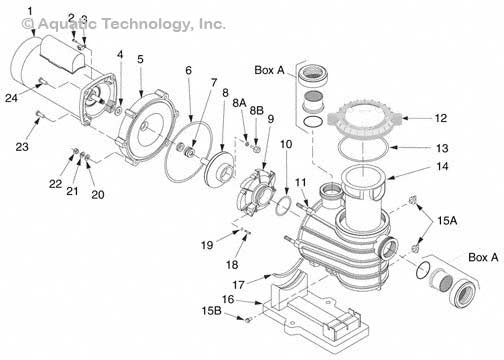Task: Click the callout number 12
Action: tap(440, 118)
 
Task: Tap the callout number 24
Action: tap(11, 98)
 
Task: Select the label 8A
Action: tap(239, 103)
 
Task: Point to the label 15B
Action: tap(211, 311)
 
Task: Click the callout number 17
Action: tap(239, 285)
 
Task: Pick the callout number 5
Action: tap(140, 59)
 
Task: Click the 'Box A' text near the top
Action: tap(269, 70)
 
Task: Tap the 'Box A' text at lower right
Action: tap(483, 257)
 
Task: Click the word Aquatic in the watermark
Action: tap(66, 24)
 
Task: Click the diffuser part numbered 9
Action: tap(256, 192)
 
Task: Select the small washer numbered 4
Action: tap(118, 111)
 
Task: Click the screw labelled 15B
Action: tap(248, 320)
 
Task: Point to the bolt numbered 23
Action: tap(39, 114)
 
